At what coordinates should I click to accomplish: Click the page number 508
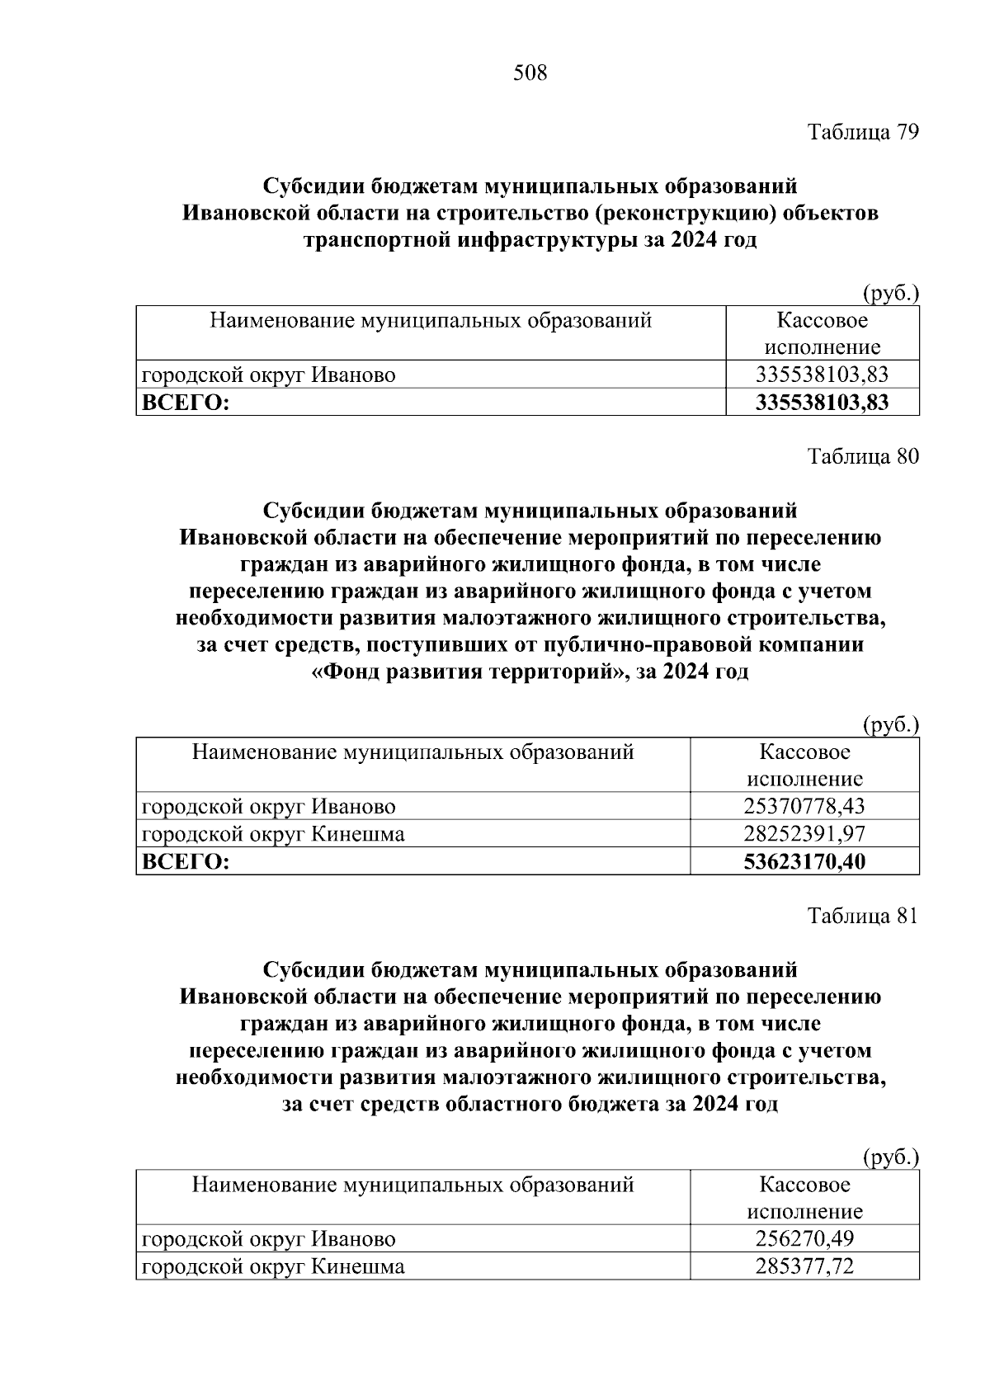(x=530, y=73)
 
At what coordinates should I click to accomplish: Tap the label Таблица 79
(x=862, y=132)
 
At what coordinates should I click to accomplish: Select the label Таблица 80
(x=862, y=456)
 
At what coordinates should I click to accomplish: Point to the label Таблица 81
(x=862, y=917)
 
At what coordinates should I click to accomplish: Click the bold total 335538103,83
(x=822, y=403)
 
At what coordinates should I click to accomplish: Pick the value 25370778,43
(x=804, y=806)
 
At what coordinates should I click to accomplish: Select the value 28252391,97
(x=804, y=834)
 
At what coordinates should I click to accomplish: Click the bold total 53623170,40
(x=804, y=862)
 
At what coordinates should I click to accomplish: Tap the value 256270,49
(x=804, y=1238)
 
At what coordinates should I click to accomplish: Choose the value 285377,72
(x=804, y=1266)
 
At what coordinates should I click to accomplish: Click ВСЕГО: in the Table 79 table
(x=186, y=403)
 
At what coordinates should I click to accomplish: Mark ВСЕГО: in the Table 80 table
(x=186, y=862)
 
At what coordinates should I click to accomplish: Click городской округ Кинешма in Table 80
(x=273, y=834)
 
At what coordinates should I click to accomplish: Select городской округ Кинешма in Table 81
(x=273, y=1266)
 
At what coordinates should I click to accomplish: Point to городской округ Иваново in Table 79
(x=269, y=375)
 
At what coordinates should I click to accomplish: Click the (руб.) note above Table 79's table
(x=890, y=293)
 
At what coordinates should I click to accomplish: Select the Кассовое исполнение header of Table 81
(x=804, y=1198)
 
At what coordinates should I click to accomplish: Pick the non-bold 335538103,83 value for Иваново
(x=822, y=375)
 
